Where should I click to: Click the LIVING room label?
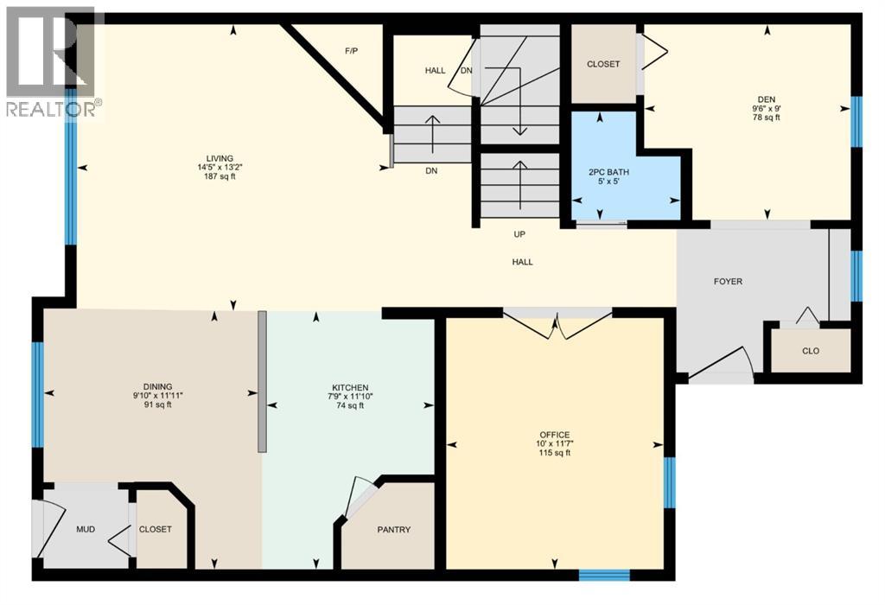click(x=214, y=157)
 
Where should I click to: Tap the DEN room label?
click(x=766, y=99)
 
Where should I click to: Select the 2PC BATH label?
click(x=608, y=172)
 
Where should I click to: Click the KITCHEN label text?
click(x=351, y=387)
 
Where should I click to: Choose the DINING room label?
click(x=158, y=386)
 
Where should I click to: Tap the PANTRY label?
click(x=393, y=530)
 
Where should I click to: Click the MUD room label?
click(x=85, y=530)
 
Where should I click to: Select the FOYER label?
click(x=728, y=281)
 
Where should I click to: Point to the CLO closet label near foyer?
click(x=810, y=351)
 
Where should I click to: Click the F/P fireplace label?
click(x=351, y=51)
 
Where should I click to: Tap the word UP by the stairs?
click(x=519, y=234)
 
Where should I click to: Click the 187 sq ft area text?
click(x=214, y=177)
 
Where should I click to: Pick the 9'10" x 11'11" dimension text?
click(x=158, y=396)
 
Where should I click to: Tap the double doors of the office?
click(x=557, y=324)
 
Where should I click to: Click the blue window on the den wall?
click(x=856, y=121)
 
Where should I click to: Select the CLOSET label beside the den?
click(x=603, y=64)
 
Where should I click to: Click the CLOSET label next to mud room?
click(x=156, y=530)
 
